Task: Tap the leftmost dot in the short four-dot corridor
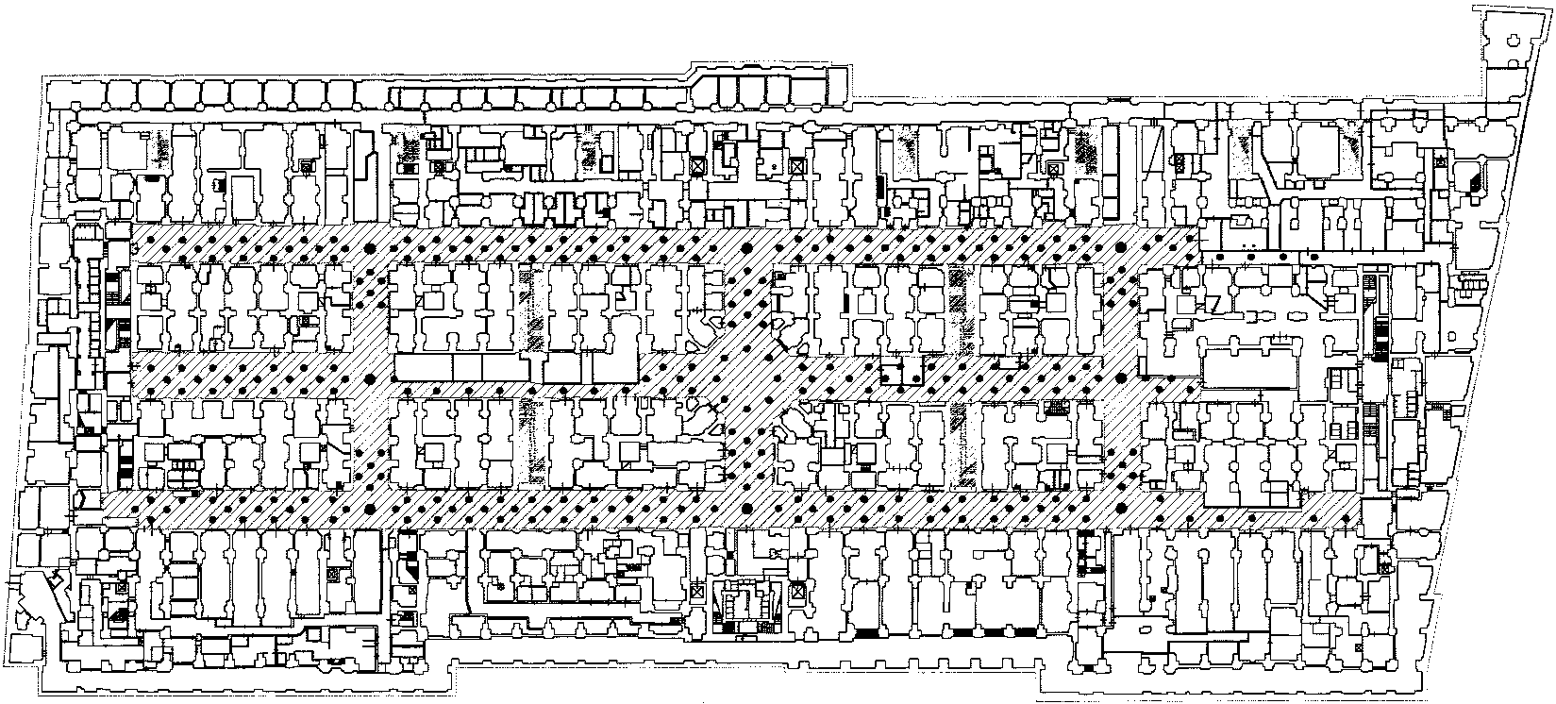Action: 1222,258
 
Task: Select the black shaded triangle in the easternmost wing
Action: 1474,179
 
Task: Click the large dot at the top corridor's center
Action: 746,249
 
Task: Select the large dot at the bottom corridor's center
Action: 746,511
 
